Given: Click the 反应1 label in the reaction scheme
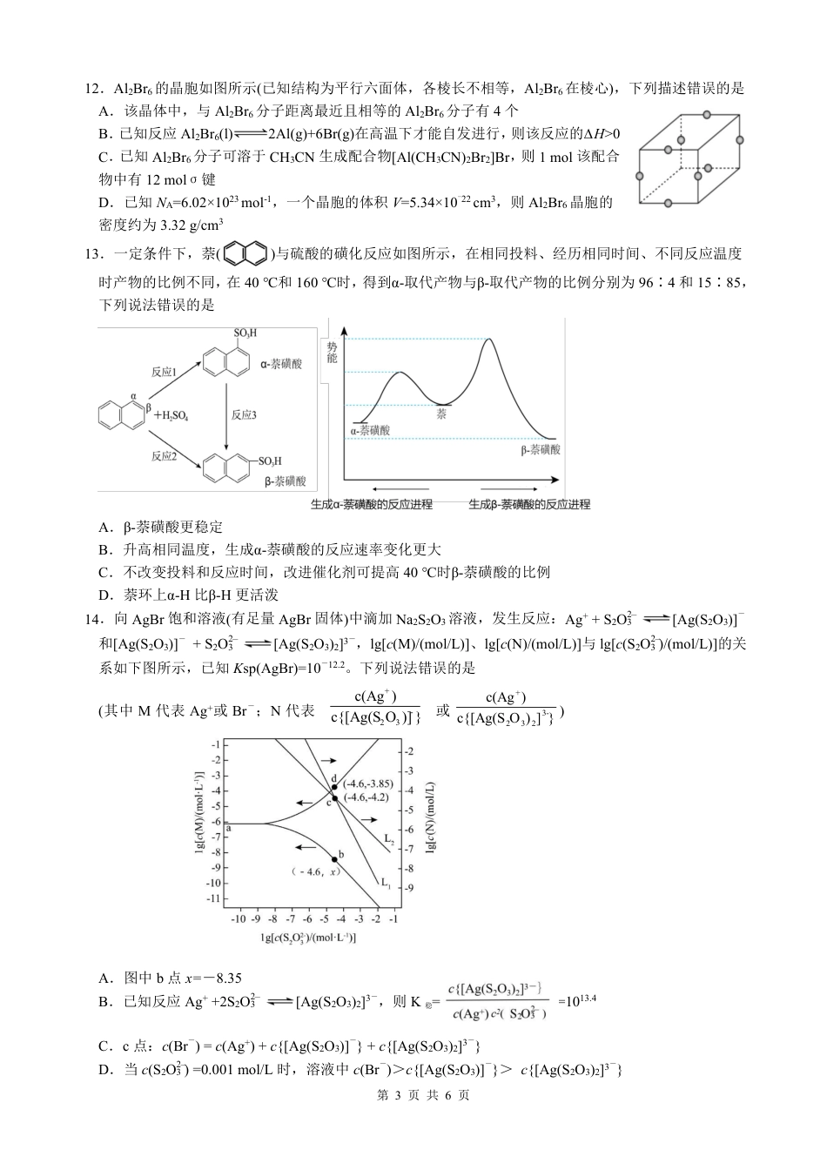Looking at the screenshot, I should pos(164,372).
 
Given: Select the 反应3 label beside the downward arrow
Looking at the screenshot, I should pos(244,415).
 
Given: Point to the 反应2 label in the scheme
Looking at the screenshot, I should pos(164,455).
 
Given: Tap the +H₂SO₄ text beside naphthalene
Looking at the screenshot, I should pos(171,416).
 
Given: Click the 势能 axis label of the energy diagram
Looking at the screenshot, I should pos(332,353).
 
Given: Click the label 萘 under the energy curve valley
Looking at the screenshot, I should pos(442,414).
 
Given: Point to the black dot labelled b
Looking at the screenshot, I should pos(334,859).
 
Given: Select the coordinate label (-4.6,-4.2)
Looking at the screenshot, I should pos(366,797).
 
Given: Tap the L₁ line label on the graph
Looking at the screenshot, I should pos(384,881).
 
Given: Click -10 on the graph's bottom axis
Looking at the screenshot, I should pos(237,918).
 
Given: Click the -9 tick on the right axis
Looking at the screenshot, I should pos(410,888).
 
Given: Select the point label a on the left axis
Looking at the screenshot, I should pos(229,828).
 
